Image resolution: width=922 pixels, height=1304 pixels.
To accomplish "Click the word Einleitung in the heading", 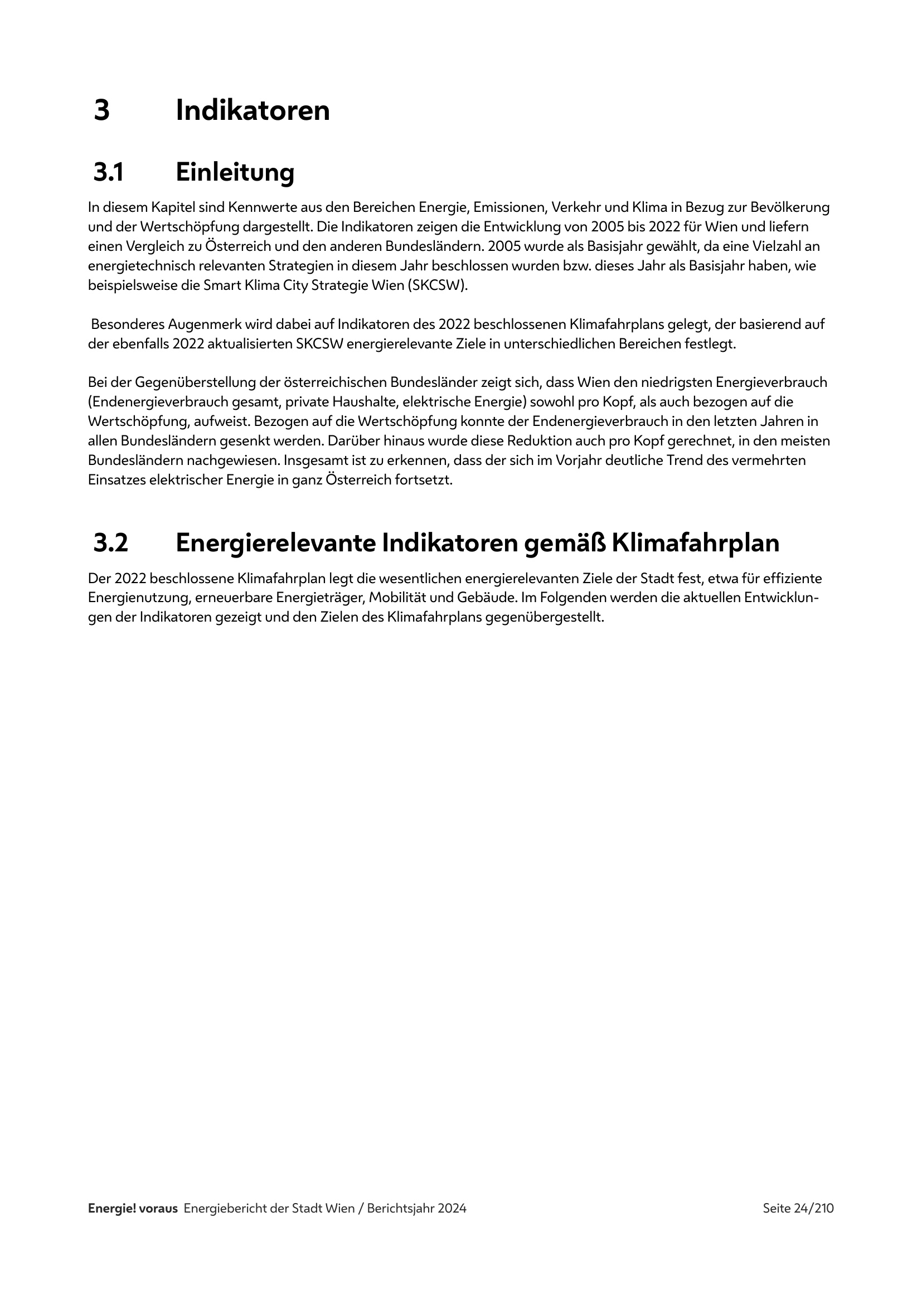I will [x=235, y=172].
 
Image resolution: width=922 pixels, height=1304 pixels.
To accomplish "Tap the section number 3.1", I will [x=109, y=172].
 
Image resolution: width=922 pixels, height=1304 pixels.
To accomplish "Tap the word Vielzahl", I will [x=773, y=246].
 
